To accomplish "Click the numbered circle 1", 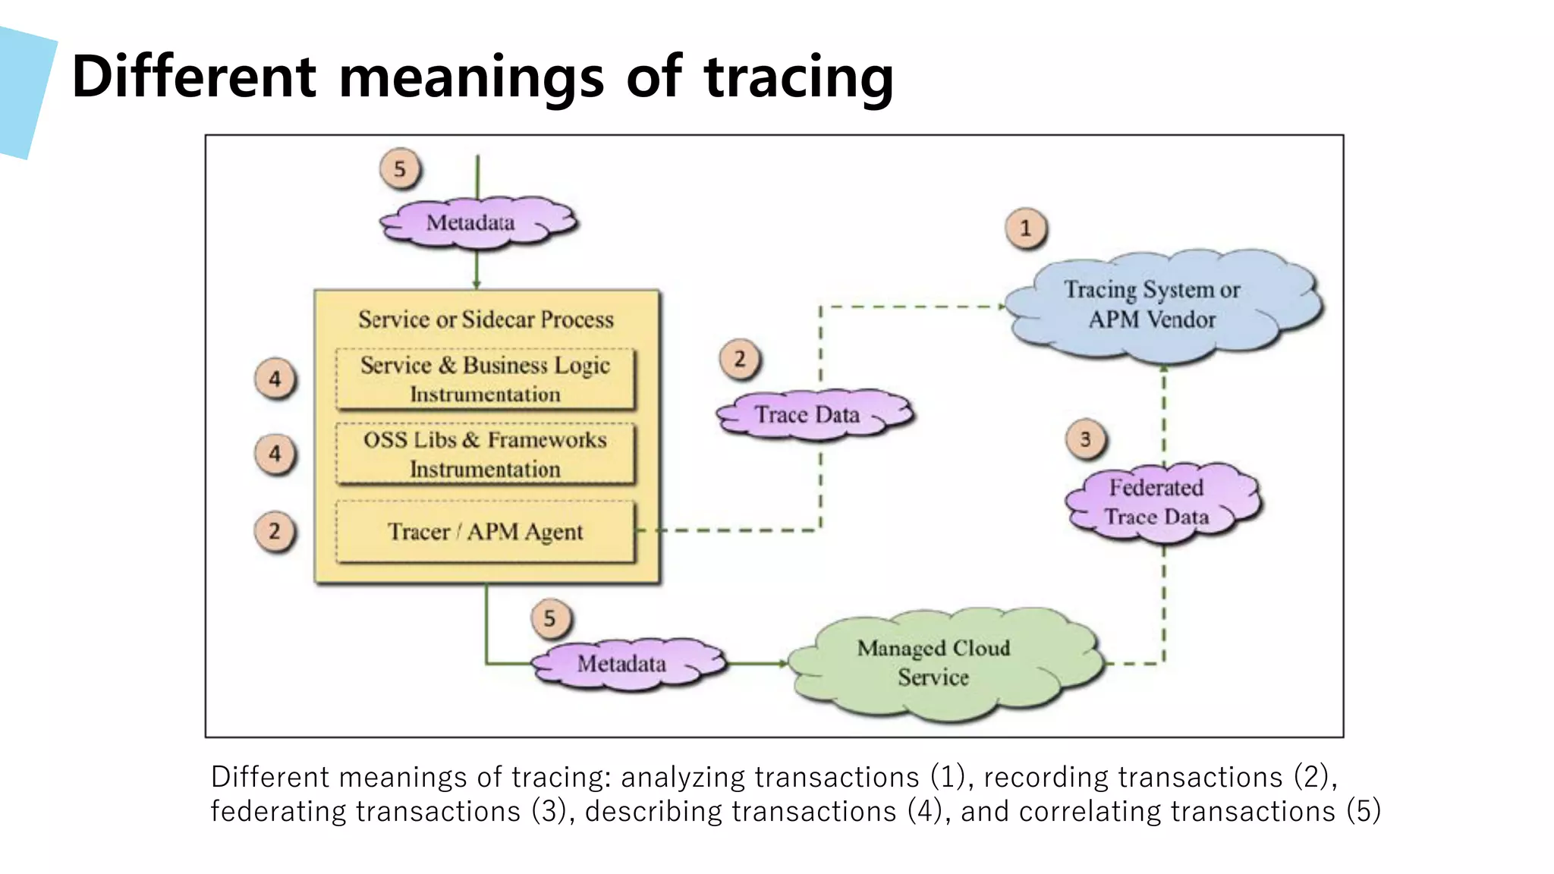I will click(x=1026, y=228).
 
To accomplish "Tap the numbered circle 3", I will click(x=1086, y=439).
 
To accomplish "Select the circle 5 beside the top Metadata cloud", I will click(x=400, y=168).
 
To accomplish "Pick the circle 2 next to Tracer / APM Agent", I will click(x=275, y=531).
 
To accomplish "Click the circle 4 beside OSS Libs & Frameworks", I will click(x=275, y=454).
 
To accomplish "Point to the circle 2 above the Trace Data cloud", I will click(x=740, y=359).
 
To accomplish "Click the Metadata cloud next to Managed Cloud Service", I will click(x=626, y=664).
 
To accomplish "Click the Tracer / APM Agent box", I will click(x=485, y=532).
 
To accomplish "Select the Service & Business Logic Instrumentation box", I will click(x=485, y=379).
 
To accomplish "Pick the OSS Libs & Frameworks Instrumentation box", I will click(x=485, y=454).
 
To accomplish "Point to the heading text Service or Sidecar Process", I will click(x=486, y=319).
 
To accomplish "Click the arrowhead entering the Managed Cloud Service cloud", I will click(x=783, y=664).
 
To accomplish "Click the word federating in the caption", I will click(x=278, y=811).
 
